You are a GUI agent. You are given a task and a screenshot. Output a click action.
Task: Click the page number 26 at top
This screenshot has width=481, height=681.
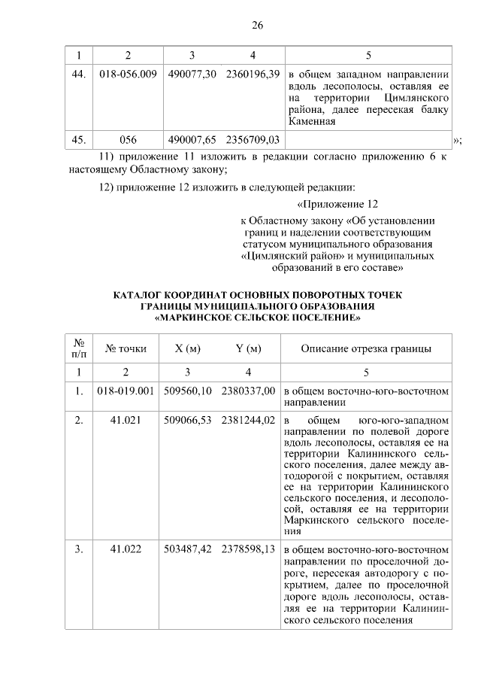[256, 26]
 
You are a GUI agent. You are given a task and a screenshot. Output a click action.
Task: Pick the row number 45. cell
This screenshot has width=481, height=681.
[78, 140]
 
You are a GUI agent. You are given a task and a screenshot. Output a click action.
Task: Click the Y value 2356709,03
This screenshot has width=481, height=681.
[253, 140]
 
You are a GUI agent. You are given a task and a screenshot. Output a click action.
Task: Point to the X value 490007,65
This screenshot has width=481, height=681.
[192, 140]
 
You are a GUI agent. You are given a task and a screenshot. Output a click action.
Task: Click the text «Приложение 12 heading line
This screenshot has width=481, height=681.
[337, 205]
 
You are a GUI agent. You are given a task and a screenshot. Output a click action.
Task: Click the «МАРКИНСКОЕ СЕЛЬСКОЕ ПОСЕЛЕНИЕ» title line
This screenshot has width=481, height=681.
[257, 318]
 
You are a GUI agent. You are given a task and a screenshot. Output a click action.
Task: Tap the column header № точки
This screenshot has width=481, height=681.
[126, 348]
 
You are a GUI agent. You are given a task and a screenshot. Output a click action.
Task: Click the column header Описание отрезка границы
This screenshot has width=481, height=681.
[365, 348]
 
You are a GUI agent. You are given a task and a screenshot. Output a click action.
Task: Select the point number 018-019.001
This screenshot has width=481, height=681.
[126, 391]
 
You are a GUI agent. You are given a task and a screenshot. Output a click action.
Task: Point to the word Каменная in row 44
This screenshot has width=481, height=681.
[311, 122]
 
